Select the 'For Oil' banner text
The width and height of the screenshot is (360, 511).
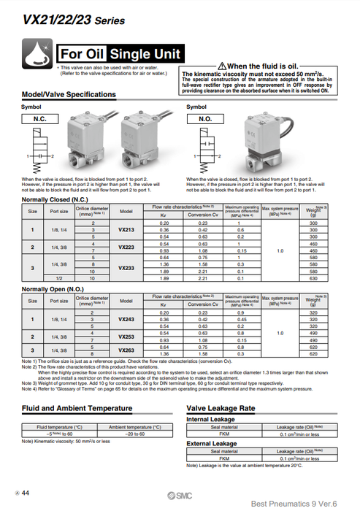tap(85, 54)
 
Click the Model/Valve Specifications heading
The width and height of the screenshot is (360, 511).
tap(69, 95)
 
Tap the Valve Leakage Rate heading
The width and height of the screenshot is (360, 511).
tap(221, 409)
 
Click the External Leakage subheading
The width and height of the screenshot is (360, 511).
tap(212, 443)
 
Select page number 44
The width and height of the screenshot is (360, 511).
tap(28, 493)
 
